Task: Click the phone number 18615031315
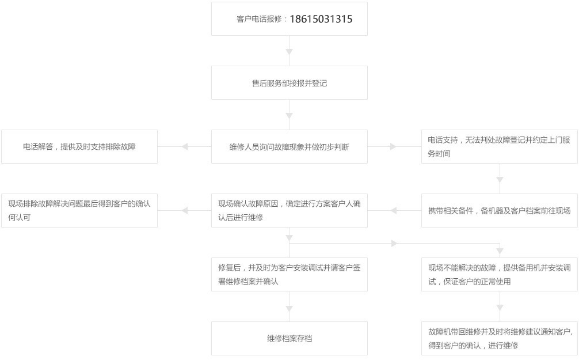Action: pyautogui.click(x=321, y=19)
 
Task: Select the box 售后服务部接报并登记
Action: pyautogui.click(x=289, y=83)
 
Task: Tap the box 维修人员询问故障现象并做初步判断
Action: pyautogui.click(x=289, y=147)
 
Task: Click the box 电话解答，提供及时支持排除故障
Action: pyautogui.click(x=79, y=147)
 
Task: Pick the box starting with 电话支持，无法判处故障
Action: pyautogui.click(x=499, y=147)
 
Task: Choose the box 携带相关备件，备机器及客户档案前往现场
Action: pyautogui.click(x=499, y=211)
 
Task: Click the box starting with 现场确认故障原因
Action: pyautogui.click(x=289, y=211)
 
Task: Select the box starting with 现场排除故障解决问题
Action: pyautogui.click(x=79, y=211)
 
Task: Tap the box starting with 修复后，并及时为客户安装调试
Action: pyautogui.click(x=289, y=275)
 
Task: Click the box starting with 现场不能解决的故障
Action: pyautogui.click(x=499, y=275)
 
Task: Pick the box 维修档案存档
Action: pyautogui.click(x=289, y=339)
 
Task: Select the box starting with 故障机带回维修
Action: pyautogui.click(x=499, y=339)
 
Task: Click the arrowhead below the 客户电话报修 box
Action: pyautogui.click(x=289, y=52)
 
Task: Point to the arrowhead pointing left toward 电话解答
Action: pyautogui.click(x=185, y=147)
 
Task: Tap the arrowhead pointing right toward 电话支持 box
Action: pyautogui.click(x=393, y=147)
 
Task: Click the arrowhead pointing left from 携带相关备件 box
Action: pyautogui.click(x=394, y=211)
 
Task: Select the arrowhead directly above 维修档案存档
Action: pyautogui.click(x=289, y=309)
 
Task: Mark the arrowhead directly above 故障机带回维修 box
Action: pyautogui.click(x=500, y=308)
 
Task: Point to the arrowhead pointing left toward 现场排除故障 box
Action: pyautogui.click(x=185, y=211)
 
